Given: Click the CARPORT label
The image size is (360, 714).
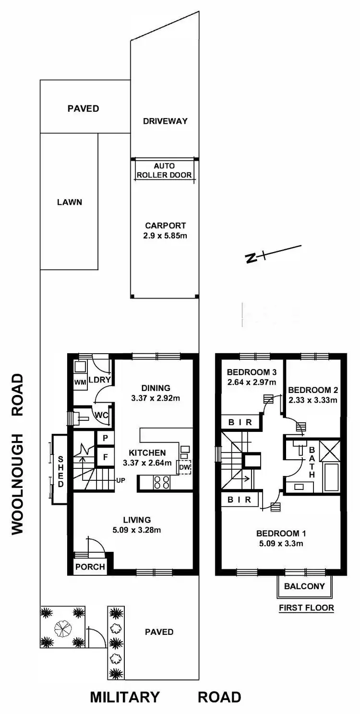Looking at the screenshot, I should pyautogui.click(x=165, y=226).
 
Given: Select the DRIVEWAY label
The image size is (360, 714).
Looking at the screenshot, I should pyautogui.click(x=165, y=121).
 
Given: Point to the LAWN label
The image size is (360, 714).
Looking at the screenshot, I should pyautogui.click(x=69, y=202).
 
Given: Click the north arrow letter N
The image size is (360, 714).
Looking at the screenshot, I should pyautogui.click(x=250, y=258).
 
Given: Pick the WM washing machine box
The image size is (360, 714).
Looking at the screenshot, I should pyautogui.click(x=80, y=382).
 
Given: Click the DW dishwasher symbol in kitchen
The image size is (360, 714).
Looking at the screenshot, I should pyautogui.click(x=185, y=467).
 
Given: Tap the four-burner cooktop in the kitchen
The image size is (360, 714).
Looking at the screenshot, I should pyautogui.click(x=160, y=482).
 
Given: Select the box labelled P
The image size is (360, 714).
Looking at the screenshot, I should pyautogui.click(x=105, y=438).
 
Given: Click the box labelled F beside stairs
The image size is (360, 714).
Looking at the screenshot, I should pyautogui.click(x=105, y=457).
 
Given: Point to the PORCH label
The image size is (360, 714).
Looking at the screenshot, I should pyautogui.click(x=90, y=567).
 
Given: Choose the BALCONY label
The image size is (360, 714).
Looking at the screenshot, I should pyautogui.click(x=304, y=586).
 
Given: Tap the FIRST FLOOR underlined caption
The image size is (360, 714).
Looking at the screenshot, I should pyautogui.click(x=306, y=608).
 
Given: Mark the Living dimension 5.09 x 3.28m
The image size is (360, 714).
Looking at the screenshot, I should pyautogui.click(x=137, y=530).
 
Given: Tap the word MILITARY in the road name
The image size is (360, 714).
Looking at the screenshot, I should pyautogui.click(x=124, y=697).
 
